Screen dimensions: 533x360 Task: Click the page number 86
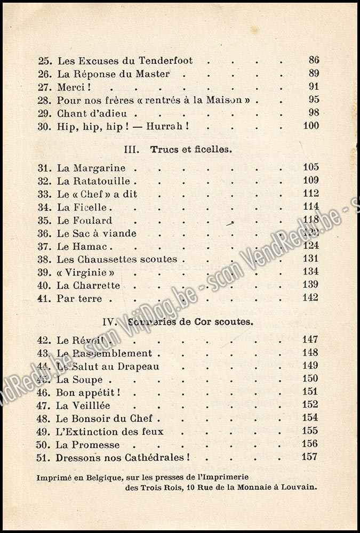314,60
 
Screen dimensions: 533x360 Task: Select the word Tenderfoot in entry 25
164,61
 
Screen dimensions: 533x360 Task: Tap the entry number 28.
44,100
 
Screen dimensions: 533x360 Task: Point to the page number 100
310,126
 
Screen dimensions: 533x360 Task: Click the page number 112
310,193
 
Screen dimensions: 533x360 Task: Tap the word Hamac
89,246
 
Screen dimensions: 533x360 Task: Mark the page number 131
310,259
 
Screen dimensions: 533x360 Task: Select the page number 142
310,297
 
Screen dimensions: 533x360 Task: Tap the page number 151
310,392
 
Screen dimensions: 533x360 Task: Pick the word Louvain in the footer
299,486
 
